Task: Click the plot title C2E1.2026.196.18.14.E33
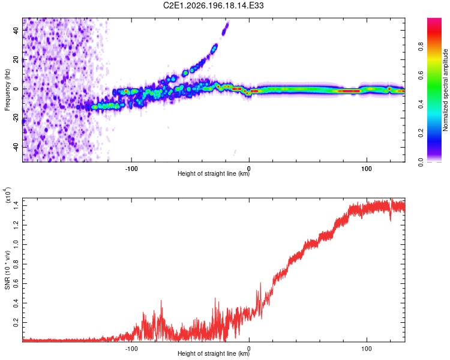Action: click(x=213, y=5)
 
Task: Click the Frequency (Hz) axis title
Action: click(x=7, y=90)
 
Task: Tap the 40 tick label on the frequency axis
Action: click(x=16, y=30)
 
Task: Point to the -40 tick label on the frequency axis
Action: click(x=16, y=148)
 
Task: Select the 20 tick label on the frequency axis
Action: click(x=16, y=60)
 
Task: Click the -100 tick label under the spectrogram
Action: click(x=131, y=169)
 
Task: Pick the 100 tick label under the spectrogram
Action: click(x=367, y=169)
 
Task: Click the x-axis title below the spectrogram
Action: click(x=214, y=173)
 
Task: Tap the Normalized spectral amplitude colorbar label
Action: click(x=445, y=90)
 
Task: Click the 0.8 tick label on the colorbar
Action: click(x=421, y=47)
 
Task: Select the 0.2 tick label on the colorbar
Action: click(x=421, y=133)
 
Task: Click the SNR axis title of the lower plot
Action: click(x=7, y=270)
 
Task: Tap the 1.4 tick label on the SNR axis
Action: click(x=16, y=206)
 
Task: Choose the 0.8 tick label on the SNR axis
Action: click(x=16, y=264)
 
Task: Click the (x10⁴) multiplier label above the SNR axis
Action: click(x=7, y=195)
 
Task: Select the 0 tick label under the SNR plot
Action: click(x=249, y=349)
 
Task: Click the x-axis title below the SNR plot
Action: click(x=214, y=353)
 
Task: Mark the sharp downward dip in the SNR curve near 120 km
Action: click(x=391, y=220)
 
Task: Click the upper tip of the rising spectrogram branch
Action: click(x=228, y=22)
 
